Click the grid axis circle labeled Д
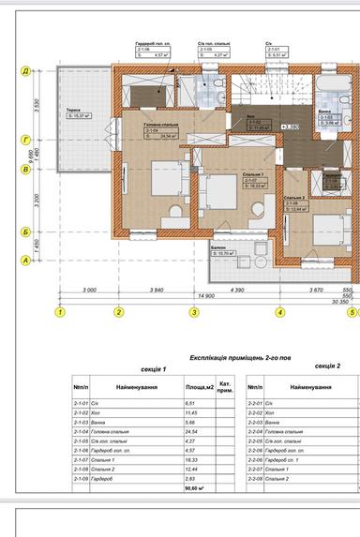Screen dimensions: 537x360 click(25, 70)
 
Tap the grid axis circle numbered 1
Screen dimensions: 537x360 click(60, 312)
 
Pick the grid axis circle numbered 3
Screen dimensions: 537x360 click(194, 312)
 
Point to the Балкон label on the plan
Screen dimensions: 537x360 click(217, 247)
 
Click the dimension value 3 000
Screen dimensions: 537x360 click(89, 291)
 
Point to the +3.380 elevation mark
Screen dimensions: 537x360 click(290, 125)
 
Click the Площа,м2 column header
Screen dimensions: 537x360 click(198, 386)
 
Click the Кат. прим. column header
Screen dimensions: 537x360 click(225, 386)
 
